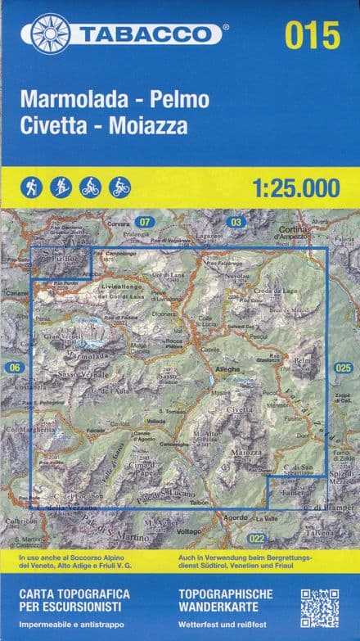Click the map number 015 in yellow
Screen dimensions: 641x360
(313, 35)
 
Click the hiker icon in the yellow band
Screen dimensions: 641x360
(33, 187)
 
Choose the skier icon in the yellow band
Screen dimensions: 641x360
(61, 187)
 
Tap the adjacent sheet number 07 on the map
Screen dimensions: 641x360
(146, 222)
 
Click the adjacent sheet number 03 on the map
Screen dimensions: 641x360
(236, 222)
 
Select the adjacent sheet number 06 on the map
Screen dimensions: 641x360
(14, 368)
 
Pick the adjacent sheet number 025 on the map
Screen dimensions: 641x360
(343, 368)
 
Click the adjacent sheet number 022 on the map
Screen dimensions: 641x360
(257, 538)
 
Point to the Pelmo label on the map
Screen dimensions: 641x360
(304, 360)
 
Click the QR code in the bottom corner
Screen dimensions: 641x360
(319, 607)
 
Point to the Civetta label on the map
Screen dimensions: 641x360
(241, 409)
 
